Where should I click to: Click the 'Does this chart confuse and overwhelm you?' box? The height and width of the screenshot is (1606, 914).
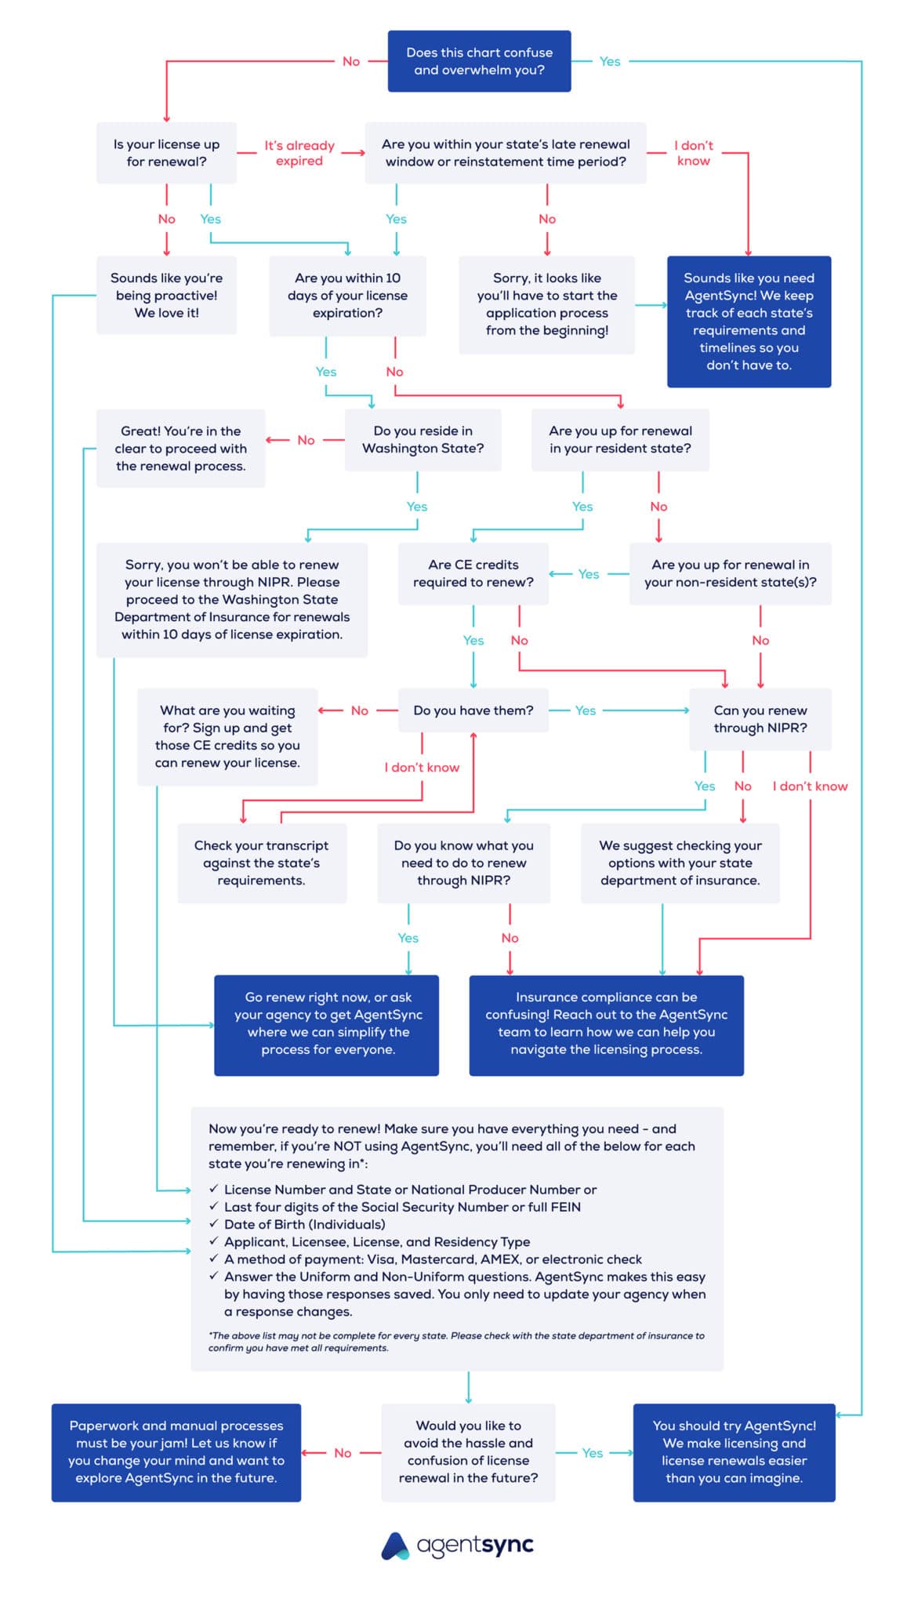[479, 61]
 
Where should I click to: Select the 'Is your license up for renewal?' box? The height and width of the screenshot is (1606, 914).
[166, 153]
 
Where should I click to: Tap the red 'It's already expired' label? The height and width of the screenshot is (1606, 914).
[299, 153]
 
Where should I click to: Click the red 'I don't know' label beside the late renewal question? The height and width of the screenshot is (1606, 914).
[694, 153]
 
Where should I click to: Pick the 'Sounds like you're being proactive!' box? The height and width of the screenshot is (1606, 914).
[166, 295]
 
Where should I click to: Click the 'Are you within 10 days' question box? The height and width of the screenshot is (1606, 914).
[347, 296]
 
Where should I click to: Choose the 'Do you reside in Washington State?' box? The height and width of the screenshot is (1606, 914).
[423, 440]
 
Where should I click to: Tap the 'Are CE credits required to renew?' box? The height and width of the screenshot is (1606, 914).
[473, 573]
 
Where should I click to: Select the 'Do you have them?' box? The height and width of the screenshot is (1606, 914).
[473, 710]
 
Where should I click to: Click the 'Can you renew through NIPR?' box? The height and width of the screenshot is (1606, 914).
[760, 719]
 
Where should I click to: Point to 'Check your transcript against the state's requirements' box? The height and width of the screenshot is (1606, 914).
[261, 863]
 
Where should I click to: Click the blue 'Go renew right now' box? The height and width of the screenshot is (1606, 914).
[327, 1024]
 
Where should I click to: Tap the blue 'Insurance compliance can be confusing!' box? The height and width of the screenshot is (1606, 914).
[606, 1024]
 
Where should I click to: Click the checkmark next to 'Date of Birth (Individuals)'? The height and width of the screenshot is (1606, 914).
[213, 1223]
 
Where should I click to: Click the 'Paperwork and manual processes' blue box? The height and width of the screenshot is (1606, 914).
[176, 1452]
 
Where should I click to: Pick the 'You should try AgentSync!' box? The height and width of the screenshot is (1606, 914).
[734, 1452]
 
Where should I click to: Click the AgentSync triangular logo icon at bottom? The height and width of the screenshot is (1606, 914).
[395, 1546]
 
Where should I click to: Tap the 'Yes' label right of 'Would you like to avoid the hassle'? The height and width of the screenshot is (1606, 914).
[593, 1453]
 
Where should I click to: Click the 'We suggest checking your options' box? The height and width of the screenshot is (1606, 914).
[680, 863]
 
